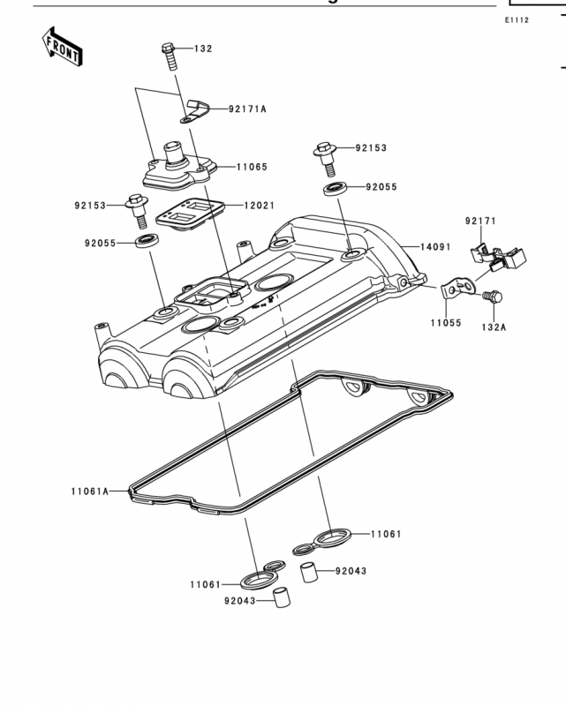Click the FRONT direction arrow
coord(62,47)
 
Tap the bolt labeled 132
coord(170,56)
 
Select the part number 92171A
coord(247,109)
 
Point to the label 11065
coord(253,167)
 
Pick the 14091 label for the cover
coord(436,247)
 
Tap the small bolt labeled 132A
coord(492,297)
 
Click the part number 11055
coord(446,323)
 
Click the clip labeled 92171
coord(498,257)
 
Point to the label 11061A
coord(90,492)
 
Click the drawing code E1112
coord(517,19)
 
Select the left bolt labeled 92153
coord(137,212)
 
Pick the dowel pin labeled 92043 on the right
coord(309,572)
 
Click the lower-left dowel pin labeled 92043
coord(282,597)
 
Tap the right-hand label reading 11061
coord(386,534)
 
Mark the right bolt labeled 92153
coord(325,160)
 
